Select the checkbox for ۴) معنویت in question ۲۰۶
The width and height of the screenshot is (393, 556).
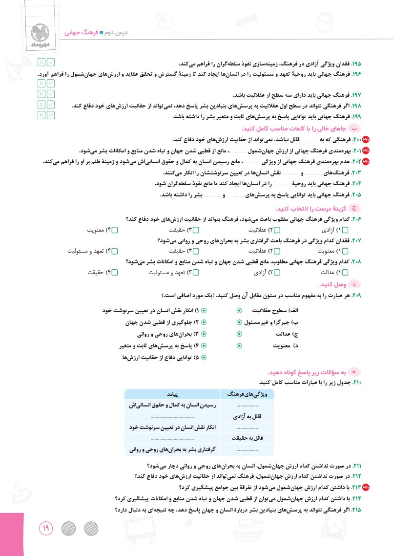[x=115, y=230]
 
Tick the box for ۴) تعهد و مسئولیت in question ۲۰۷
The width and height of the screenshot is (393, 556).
[x=115, y=251]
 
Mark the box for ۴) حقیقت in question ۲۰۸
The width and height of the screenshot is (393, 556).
[x=115, y=273]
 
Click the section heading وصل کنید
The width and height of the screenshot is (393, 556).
[x=333, y=284]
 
